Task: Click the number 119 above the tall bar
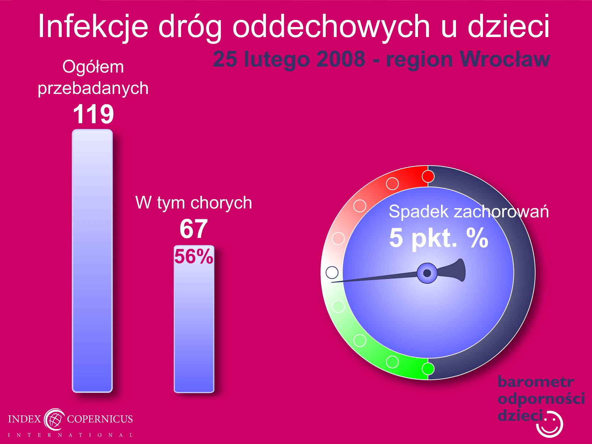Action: point(93,114)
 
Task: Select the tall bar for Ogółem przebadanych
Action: point(92,261)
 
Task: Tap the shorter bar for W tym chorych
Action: point(194,319)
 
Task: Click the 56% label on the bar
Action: point(194,256)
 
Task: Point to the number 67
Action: point(194,229)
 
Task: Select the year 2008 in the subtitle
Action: point(341,59)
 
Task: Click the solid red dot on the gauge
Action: point(428,177)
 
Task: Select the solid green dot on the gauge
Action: point(428,369)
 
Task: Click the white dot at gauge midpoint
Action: point(332,272)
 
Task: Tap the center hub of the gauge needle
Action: point(427,273)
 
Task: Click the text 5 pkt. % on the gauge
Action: point(439,238)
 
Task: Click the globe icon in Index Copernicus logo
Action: point(55,419)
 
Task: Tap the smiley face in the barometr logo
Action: point(549,424)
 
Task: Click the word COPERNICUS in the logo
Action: point(100,419)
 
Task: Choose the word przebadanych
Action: point(93,88)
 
